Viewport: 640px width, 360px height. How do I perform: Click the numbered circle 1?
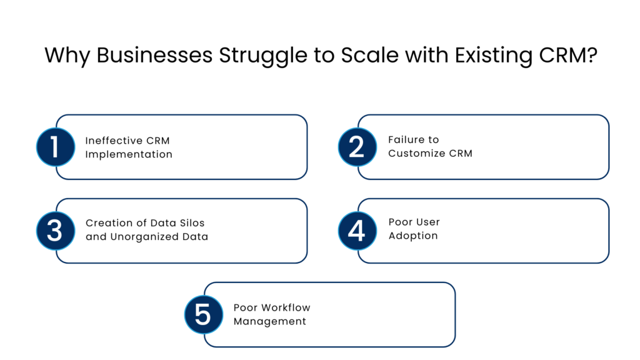click(x=55, y=147)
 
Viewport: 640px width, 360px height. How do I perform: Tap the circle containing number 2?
click(x=357, y=147)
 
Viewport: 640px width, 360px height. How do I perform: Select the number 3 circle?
click(x=55, y=231)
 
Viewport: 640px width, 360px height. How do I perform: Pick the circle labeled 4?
click(x=357, y=231)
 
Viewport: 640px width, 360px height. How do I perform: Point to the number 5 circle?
click(x=203, y=314)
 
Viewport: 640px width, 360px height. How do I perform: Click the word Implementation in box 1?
click(x=129, y=154)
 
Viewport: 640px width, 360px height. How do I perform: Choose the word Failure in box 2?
click(x=404, y=140)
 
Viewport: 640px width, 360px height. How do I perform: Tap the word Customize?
click(x=417, y=154)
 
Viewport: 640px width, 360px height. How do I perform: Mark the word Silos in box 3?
click(x=191, y=223)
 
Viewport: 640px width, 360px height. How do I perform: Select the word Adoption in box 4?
click(x=412, y=236)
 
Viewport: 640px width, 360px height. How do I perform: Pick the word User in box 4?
click(x=427, y=222)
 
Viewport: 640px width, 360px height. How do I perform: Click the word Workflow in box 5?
click(x=286, y=307)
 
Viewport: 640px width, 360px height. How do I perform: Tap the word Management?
click(x=269, y=321)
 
